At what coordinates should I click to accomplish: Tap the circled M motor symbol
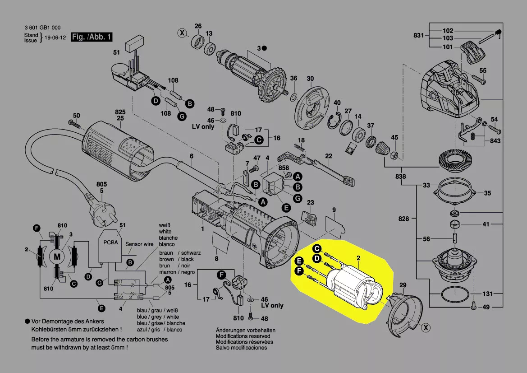[57, 256]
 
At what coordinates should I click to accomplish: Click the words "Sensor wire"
[140, 244]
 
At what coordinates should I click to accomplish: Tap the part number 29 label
[403, 285]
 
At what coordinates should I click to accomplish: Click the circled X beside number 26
[182, 33]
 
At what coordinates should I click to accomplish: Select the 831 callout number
[419, 35]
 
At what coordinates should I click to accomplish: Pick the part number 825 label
[120, 112]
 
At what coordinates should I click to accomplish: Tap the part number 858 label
[284, 168]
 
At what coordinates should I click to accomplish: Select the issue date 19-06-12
[56, 37]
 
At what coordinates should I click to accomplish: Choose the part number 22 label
[329, 156]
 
